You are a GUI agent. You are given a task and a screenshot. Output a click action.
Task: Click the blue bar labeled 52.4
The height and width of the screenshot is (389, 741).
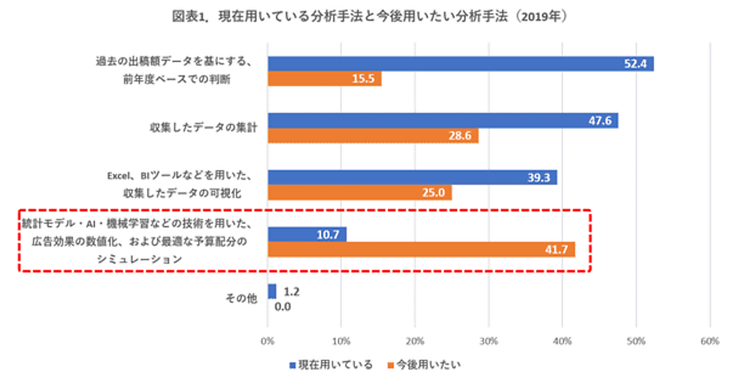click(x=460, y=64)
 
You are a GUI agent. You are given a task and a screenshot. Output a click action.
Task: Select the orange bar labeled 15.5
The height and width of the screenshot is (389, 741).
click(x=324, y=79)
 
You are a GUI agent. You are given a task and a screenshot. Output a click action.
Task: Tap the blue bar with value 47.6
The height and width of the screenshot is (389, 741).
click(x=442, y=121)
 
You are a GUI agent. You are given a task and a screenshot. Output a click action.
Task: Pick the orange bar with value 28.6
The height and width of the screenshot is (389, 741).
click(x=373, y=136)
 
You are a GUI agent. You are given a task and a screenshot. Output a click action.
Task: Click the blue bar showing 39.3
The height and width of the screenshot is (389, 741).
click(x=412, y=177)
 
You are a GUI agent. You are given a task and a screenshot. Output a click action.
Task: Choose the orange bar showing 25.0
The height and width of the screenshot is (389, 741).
click(x=359, y=193)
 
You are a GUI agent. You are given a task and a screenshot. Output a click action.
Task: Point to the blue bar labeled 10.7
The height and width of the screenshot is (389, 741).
click(x=306, y=235)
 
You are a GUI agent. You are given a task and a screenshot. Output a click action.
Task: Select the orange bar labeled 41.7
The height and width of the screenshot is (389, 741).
click(x=421, y=249)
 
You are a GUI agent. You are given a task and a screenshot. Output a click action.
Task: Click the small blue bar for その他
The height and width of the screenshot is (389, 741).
click(x=271, y=291)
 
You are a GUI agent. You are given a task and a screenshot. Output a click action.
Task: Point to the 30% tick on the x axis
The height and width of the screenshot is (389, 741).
click(x=488, y=341)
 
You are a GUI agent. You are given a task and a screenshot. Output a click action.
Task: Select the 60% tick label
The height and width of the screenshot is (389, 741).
click(x=710, y=341)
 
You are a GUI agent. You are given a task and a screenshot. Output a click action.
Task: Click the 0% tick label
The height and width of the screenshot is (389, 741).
click(x=267, y=341)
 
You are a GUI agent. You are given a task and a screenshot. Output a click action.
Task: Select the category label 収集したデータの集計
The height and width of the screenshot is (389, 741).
click(x=204, y=128)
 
